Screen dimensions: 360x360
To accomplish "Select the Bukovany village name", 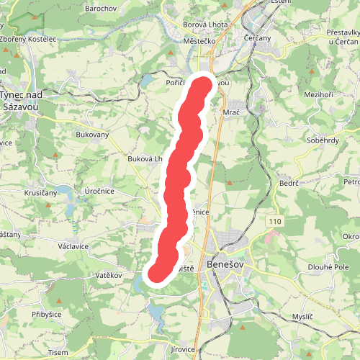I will click(x=91, y=134).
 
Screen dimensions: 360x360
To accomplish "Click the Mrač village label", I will click(x=232, y=113).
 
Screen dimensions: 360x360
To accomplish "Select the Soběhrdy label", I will click(x=323, y=140).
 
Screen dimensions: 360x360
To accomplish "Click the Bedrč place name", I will click(x=289, y=184).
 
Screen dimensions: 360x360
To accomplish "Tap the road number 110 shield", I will click(x=272, y=219).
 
